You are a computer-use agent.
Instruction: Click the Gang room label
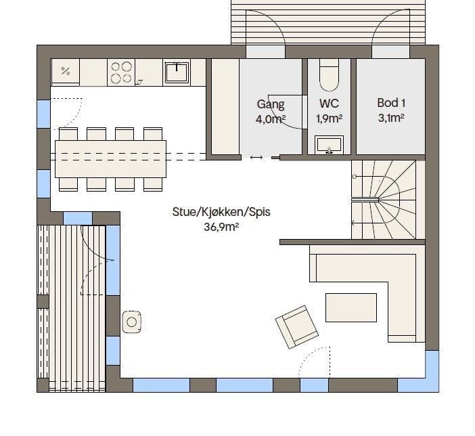pos(271,105)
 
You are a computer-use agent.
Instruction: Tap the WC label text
pos(329,104)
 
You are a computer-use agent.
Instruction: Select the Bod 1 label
pos(391,103)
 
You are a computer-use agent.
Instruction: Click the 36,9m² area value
pos(221,227)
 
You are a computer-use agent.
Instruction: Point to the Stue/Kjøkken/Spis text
pos(221,212)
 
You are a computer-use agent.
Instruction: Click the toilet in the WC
pos(329,75)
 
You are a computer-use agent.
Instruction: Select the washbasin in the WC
pos(329,145)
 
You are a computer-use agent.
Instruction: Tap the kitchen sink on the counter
pos(177,72)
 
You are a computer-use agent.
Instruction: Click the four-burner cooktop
pos(121,72)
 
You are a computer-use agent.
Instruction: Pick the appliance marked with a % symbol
pos(66,72)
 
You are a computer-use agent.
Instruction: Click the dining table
pos(110,159)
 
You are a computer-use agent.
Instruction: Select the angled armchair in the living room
pos(296,327)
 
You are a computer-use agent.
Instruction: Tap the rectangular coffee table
pos(351,307)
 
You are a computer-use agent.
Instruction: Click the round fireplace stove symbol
pos(132,322)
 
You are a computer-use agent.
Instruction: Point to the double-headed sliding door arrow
pos(256,157)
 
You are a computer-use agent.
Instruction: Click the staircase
pos(384,200)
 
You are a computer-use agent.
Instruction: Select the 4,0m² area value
pos(271,119)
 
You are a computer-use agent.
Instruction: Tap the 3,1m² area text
pos(391,118)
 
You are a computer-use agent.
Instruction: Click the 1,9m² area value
pos(329,118)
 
